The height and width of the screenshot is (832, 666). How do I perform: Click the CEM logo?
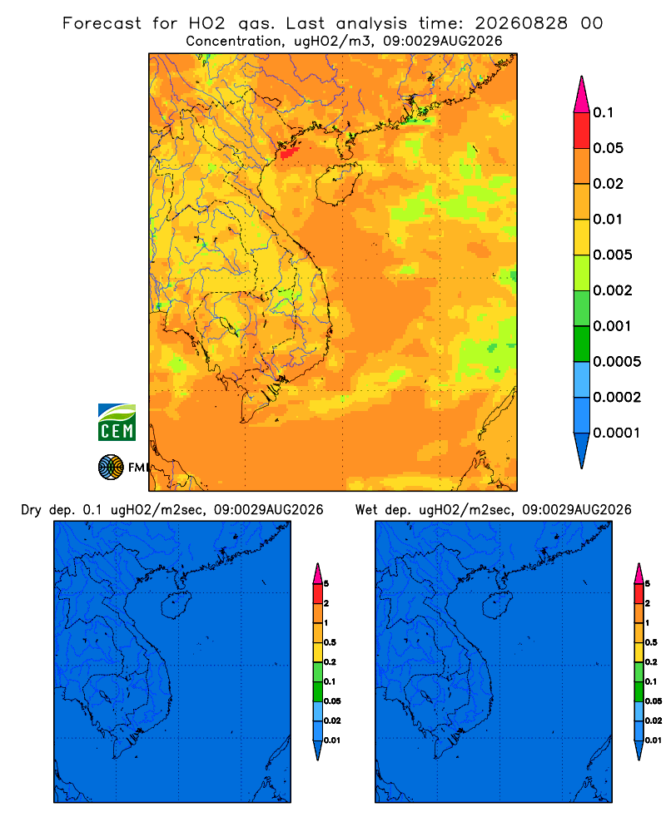117,422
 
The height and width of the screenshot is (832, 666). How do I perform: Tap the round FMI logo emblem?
111,467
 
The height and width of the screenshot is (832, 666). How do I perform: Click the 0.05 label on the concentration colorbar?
608,148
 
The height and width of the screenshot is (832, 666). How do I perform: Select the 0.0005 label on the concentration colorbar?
617,362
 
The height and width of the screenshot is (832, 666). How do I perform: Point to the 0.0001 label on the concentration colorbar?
617,433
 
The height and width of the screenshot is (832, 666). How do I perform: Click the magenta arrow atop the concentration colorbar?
582,94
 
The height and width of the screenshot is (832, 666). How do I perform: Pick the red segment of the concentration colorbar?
582,131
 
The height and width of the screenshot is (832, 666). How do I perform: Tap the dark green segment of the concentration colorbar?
582,344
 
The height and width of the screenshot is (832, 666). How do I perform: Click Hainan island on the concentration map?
338,184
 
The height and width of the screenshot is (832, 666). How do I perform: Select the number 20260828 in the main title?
521,23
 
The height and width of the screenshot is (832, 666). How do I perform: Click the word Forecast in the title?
102,23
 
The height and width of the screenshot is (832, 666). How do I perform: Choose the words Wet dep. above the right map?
382,510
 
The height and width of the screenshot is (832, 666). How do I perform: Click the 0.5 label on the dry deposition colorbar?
330,642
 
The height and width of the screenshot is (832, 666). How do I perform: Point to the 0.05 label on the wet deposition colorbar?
654,701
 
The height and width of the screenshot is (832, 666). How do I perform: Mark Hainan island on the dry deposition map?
176,606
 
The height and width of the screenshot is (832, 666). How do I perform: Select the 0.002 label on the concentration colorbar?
613,290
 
